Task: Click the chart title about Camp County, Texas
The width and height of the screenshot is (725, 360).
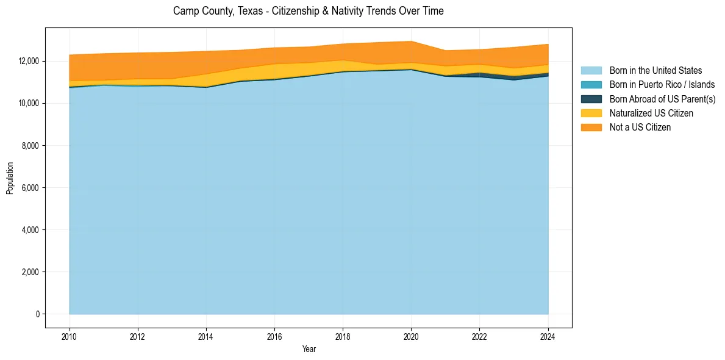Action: tap(308, 11)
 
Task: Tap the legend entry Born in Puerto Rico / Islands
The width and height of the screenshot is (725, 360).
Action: tap(662, 85)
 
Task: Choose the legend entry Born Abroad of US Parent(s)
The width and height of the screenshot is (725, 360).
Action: tap(662, 99)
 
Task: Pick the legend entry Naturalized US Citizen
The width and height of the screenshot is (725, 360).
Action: tap(651, 113)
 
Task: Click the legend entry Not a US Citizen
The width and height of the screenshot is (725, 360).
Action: tap(640, 127)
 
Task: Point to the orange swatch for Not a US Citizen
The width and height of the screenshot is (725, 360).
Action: tap(591, 127)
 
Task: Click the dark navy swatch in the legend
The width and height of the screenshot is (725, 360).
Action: tap(591, 99)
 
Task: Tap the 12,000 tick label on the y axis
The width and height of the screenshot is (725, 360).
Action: tap(28, 62)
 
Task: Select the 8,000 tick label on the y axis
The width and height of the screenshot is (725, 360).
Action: tap(30, 146)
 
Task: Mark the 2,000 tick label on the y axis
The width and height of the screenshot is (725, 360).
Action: tap(30, 272)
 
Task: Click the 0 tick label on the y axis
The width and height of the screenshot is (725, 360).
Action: tap(37, 314)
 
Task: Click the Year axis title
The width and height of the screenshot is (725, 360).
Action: tap(309, 349)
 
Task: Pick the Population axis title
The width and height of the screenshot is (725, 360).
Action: tap(10, 178)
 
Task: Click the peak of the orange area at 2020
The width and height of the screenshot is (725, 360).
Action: tap(411, 41)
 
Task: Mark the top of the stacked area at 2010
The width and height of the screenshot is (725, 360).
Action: tap(70, 55)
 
